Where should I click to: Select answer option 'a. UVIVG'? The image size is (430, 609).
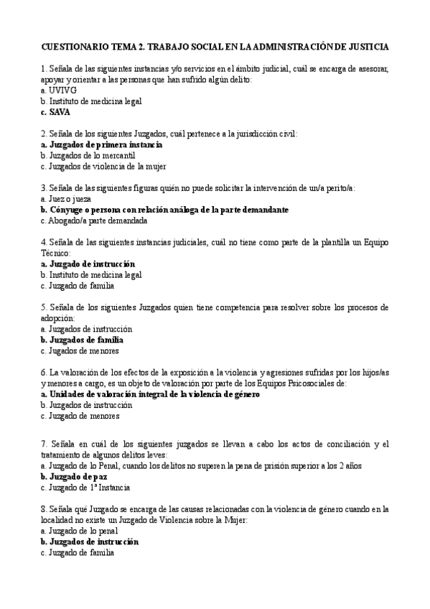[x=59, y=92]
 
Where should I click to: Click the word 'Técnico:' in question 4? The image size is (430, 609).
[x=57, y=254]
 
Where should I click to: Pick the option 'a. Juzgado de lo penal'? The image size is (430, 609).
[x=80, y=531]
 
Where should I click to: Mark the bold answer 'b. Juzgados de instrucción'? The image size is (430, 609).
[x=90, y=541]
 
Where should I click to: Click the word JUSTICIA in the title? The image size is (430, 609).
[x=365, y=47]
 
